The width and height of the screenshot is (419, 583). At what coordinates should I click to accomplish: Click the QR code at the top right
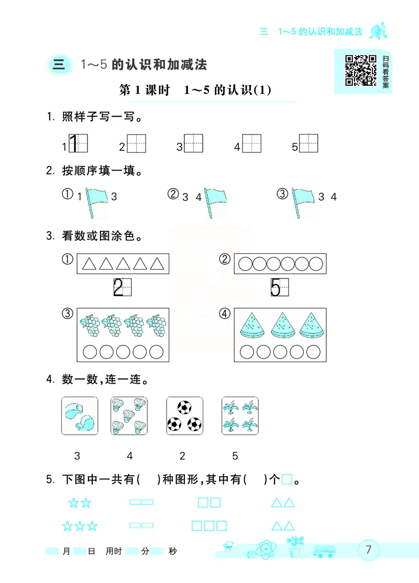click(x=360, y=70)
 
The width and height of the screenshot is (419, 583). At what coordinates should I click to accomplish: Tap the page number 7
click(x=368, y=550)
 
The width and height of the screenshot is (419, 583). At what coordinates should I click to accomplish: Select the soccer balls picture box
click(x=184, y=416)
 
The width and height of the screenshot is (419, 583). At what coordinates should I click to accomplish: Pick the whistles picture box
click(x=80, y=416)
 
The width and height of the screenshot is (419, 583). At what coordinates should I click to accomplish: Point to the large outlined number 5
click(x=275, y=287)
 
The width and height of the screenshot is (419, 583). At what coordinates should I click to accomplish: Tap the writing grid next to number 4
click(x=251, y=143)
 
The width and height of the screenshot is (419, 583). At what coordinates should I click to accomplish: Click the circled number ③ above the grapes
click(x=67, y=314)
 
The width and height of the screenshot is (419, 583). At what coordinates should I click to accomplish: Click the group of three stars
click(x=80, y=525)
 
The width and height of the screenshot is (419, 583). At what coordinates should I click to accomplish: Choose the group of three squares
click(x=209, y=525)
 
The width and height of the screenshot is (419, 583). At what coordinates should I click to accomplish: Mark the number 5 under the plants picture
click(x=235, y=456)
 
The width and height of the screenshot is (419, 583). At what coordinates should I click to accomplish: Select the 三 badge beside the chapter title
click(x=59, y=64)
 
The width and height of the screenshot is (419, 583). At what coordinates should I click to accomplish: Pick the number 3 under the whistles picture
click(x=78, y=456)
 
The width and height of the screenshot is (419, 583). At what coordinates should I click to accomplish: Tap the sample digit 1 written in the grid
click(x=74, y=143)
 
